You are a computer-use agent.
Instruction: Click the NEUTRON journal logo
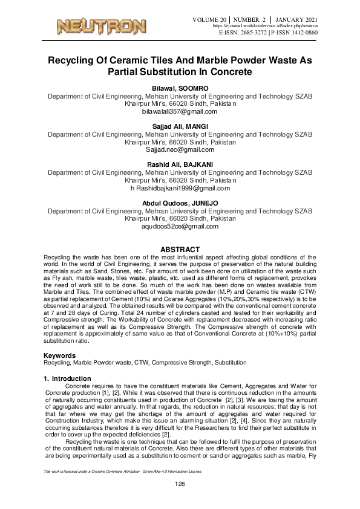coord(101,26)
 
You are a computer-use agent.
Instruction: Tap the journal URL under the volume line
coord(265,27)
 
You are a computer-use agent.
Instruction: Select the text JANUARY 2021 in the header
coord(295,20)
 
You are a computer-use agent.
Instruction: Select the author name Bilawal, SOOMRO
coord(179,88)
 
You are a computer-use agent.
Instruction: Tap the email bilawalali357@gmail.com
coord(179,112)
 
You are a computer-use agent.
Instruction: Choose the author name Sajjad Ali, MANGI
coord(179,126)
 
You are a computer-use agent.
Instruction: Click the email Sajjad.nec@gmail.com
coord(179,149)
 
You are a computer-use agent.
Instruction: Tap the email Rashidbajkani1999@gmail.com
coord(183,189)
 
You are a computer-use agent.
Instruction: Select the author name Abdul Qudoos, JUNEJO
coord(179,203)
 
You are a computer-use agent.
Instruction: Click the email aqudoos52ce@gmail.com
coord(179,226)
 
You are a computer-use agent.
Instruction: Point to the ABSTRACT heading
coord(179,250)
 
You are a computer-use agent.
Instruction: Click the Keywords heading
coord(61,355)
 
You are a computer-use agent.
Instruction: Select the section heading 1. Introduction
coord(68,378)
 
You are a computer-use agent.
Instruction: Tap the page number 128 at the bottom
coord(179,485)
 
